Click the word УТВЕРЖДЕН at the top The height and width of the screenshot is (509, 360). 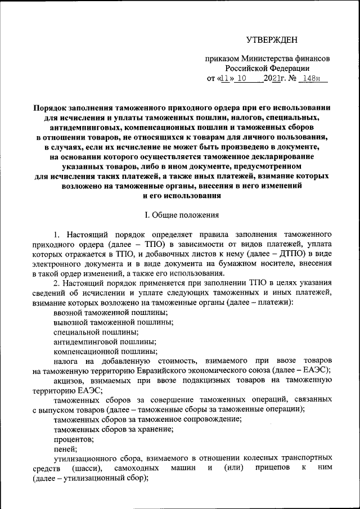tap(272, 39)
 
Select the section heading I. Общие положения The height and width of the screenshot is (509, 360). tap(179, 215)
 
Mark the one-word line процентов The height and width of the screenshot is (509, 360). tap(74, 439)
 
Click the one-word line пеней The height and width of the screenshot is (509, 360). tap(65, 449)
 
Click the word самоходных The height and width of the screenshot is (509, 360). tap(134, 469)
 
